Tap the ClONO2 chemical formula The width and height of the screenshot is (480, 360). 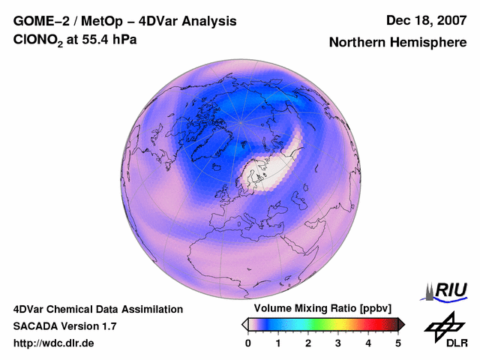point(39,40)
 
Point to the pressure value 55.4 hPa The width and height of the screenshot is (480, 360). point(112,40)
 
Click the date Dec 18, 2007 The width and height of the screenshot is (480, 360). point(425,21)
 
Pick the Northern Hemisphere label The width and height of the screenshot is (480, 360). point(397,43)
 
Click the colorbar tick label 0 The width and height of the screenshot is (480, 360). point(248,343)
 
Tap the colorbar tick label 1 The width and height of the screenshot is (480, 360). point(278,343)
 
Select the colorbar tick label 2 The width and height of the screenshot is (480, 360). point(308,343)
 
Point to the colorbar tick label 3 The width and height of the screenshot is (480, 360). point(338,343)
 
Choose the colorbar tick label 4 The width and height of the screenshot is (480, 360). point(368,343)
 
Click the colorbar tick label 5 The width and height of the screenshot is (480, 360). point(398,343)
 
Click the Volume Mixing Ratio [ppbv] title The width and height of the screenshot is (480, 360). point(319,309)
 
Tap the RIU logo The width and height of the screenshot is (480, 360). point(445,290)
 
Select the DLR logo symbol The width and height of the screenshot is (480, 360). point(443,326)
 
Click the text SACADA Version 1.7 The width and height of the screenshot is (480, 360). point(64,326)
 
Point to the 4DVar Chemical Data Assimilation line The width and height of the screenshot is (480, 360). point(97,309)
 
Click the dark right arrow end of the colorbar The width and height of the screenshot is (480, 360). point(401,324)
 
